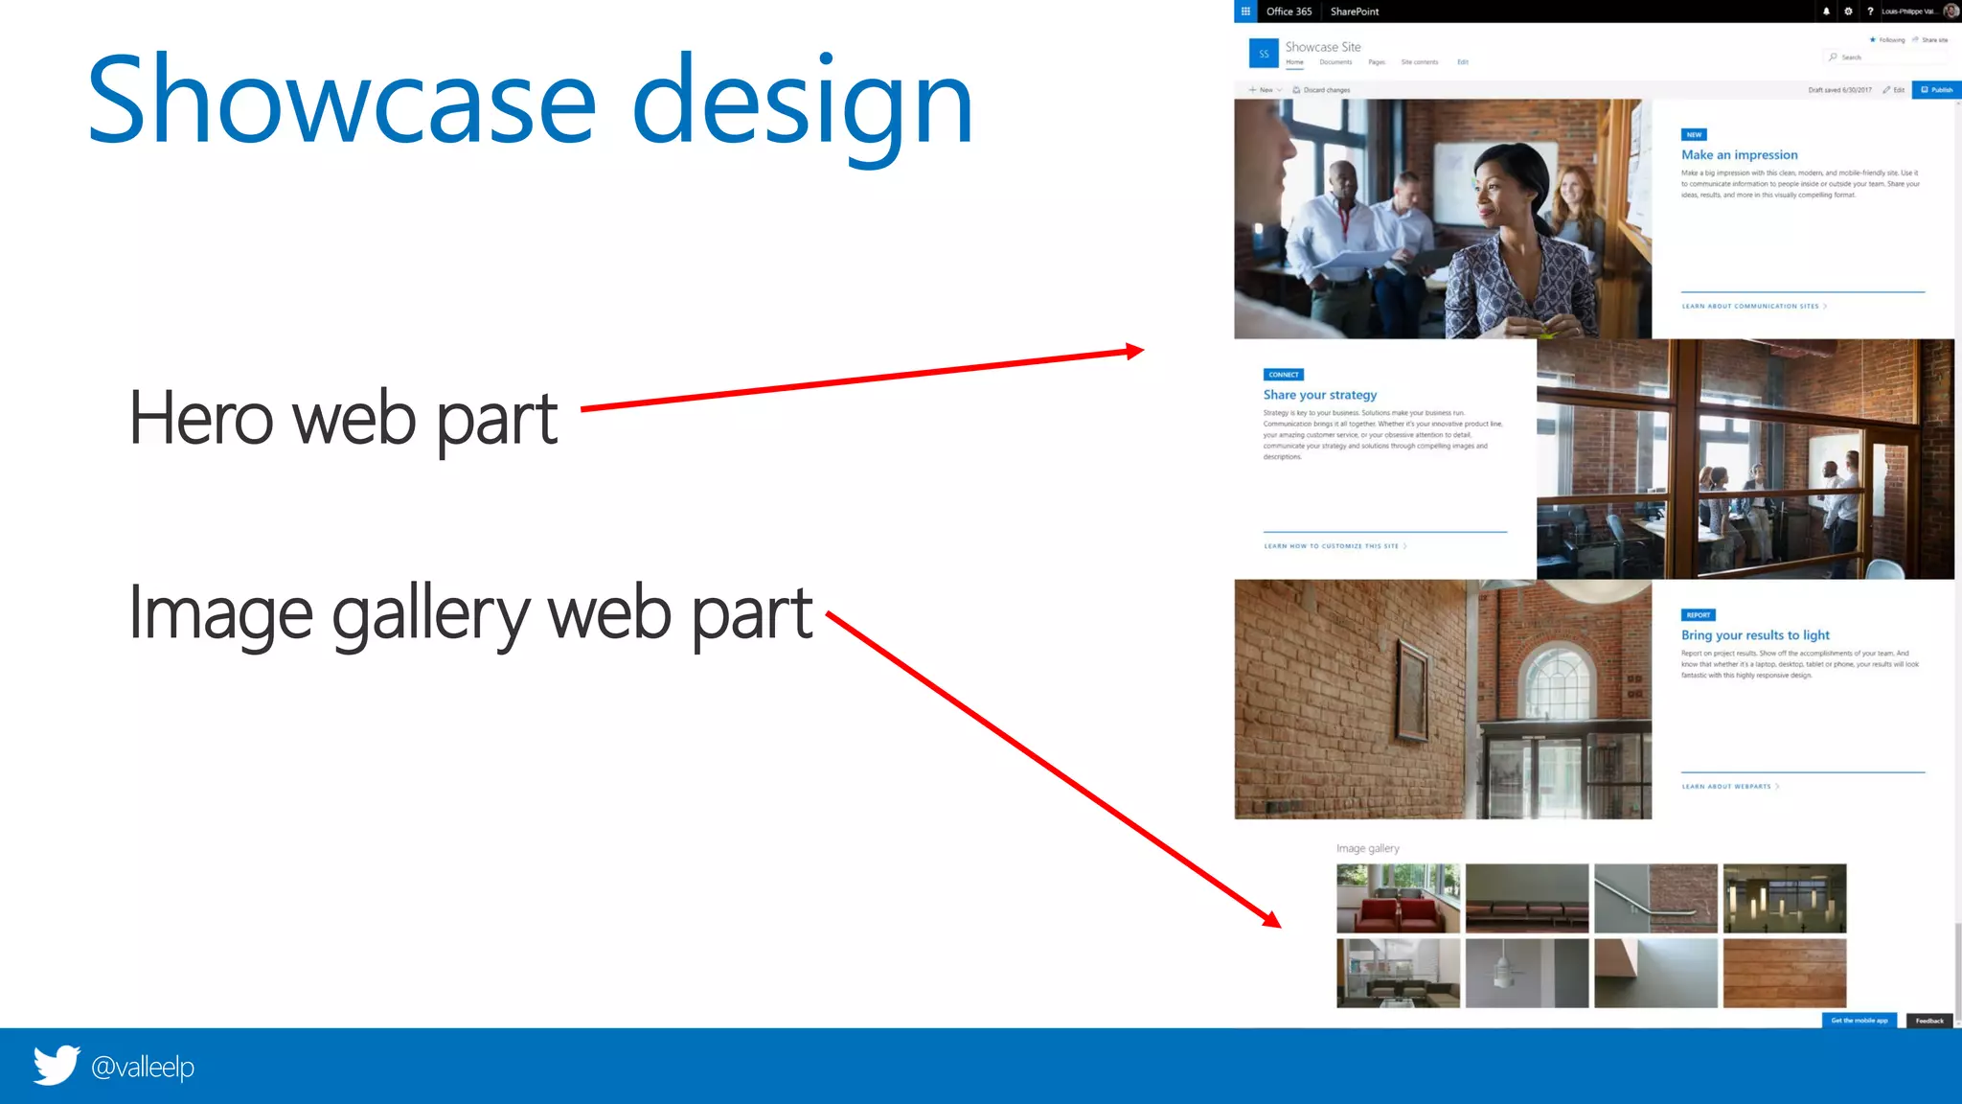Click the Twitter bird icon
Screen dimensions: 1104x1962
tap(57, 1065)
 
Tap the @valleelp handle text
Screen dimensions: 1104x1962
tap(143, 1067)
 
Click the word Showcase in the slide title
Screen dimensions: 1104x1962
tap(341, 102)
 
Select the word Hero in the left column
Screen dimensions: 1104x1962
tap(201, 419)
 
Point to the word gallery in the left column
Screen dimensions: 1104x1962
tap(430, 614)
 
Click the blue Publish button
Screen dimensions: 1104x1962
tap(1936, 90)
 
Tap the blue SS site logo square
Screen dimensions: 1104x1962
tap(1264, 54)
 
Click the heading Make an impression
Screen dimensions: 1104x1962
tap(1739, 155)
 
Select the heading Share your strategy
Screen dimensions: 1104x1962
tap(1319, 395)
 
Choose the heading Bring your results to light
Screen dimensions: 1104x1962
tap(1755, 635)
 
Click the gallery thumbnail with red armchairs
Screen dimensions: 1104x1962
tap(1398, 898)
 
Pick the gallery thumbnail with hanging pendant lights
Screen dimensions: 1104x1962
tap(1784, 898)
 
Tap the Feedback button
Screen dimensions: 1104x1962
tap(1929, 1021)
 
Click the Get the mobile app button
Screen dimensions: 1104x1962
tap(1859, 1021)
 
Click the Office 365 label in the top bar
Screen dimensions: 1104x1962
tap(1289, 11)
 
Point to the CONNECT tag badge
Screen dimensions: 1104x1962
tap(1283, 375)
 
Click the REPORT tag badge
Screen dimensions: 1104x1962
tap(1698, 615)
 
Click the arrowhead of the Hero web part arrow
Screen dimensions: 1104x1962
tap(1135, 351)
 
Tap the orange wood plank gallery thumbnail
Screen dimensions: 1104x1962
tap(1784, 973)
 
